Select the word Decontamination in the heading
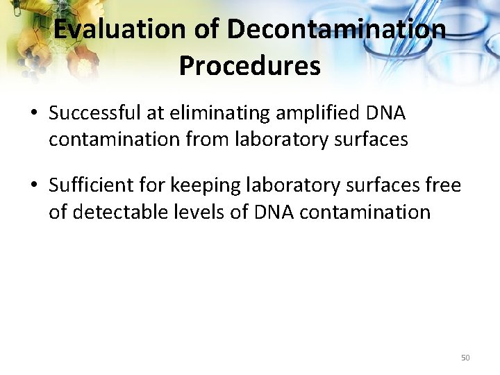[336, 30]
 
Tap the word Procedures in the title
[250, 66]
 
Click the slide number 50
[465, 358]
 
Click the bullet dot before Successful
[34, 113]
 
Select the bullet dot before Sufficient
[34, 186]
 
